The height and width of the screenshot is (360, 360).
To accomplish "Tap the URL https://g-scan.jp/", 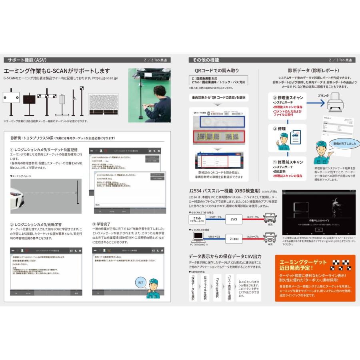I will point(105,79).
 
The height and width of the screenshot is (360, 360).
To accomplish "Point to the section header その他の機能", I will point(206,60).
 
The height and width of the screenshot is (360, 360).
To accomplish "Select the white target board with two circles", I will point(12,97).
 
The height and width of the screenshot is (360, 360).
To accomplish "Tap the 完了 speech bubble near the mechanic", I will point(140,282).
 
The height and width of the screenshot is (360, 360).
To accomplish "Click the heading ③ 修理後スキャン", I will point(286,97).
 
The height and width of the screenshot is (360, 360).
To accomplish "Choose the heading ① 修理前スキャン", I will point(286,162).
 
